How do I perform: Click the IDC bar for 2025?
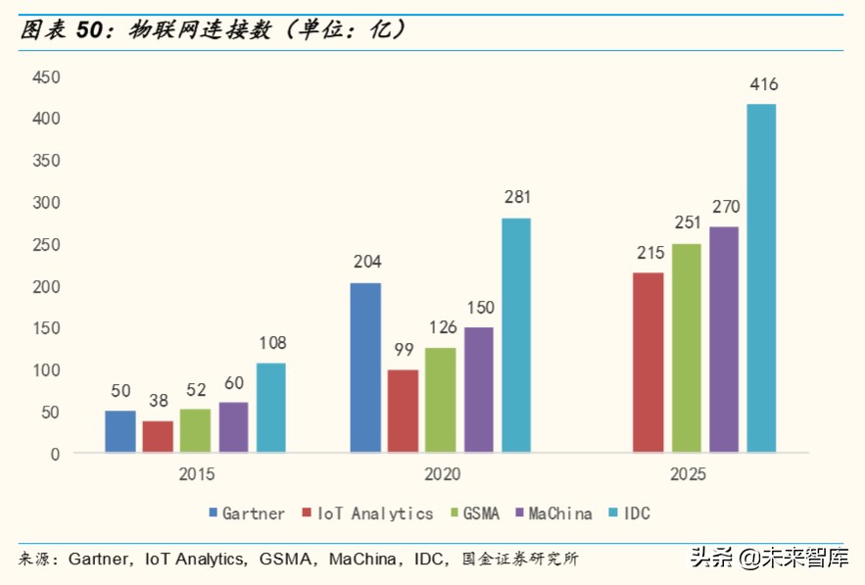(761, 278)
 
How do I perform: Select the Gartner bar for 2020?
(365, 367)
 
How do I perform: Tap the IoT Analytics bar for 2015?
(158, 436)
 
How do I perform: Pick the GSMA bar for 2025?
(686, 348)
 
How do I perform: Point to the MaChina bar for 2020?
(479, 389)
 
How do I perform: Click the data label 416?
(763, 84)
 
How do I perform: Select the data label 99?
(403, 351)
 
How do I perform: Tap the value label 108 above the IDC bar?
(271, 344)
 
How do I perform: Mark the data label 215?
(648, 253)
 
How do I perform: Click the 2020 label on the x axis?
(442, 474)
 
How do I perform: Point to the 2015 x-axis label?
(196, 474)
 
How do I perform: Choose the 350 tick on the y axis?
(46, 161)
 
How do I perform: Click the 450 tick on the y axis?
(46, 76)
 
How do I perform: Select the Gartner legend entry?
(246, 513)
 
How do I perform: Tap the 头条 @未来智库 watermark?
(770, 560)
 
